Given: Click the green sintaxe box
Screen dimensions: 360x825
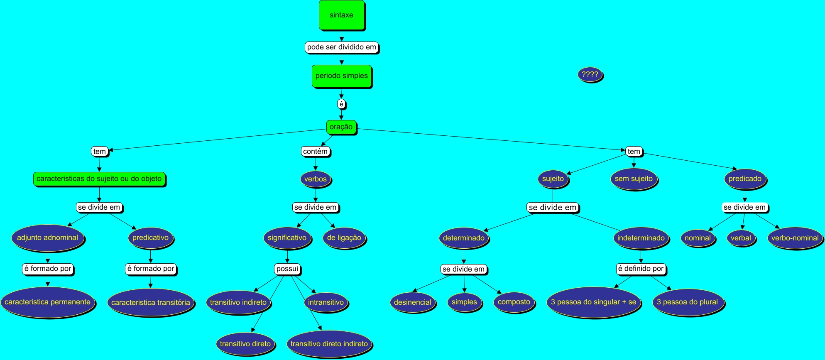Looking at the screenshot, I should [342, 15].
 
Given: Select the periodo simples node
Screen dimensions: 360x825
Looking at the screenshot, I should [342, 76].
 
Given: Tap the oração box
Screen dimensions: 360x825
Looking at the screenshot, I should [341, 127].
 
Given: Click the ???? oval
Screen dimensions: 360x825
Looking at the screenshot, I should [590, 75].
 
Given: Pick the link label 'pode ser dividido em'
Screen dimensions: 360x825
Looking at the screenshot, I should [342, 47].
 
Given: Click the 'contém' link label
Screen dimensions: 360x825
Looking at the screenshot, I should [316, 152].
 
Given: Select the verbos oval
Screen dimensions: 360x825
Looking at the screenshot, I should [316, 179].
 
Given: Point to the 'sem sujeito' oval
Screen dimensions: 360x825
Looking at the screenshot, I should [634, 179].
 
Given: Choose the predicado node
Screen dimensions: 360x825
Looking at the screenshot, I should [745, 179].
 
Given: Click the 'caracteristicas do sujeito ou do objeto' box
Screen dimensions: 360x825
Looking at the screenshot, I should [99, 179].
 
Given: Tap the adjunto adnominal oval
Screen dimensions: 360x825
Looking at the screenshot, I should [47, 238].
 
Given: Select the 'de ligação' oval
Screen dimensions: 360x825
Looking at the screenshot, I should [344, 238].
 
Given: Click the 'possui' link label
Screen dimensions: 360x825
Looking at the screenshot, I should [287, 269].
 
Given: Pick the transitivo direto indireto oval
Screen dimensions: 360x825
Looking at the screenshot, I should [329, 344].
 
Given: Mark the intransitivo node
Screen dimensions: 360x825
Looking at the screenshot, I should [326, 302].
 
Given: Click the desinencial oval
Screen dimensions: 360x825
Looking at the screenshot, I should [413, 302].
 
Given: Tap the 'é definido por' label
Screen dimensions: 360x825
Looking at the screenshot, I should [641, 269].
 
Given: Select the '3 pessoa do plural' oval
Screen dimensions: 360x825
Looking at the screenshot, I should [688, 302].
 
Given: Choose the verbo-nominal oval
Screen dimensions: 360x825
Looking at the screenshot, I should [795, 238].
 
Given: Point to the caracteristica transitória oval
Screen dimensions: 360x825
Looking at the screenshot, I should [151, 303].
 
